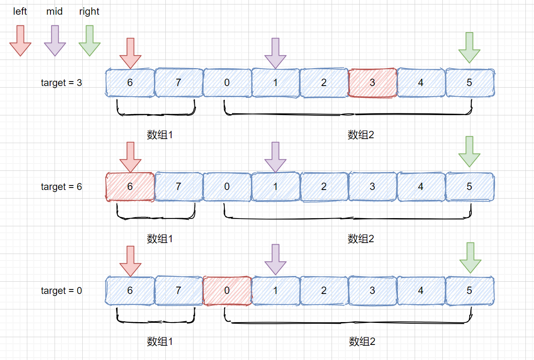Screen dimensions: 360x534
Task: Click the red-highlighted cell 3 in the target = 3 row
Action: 372,83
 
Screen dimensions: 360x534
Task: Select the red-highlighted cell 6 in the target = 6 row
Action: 130,187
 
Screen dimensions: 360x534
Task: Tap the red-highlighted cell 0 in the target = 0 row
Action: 227,291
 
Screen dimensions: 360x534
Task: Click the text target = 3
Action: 62,83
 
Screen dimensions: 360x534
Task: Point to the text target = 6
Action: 62,187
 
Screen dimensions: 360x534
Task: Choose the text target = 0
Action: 62,291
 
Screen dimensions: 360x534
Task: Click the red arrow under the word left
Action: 20,40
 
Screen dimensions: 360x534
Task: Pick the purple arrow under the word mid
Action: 55,40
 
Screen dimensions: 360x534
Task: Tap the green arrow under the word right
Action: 89,40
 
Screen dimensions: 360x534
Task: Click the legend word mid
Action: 55,11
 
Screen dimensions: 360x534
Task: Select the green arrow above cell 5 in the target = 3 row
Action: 469,47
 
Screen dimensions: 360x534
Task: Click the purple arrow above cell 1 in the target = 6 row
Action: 275,157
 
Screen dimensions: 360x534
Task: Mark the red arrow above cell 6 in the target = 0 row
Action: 130,261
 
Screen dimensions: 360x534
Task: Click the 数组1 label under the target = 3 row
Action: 160,135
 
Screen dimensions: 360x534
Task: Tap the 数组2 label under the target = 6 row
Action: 361,239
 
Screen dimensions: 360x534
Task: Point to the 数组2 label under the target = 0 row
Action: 362,341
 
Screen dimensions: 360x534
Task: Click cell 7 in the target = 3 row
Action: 178,83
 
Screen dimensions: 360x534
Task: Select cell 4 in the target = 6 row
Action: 421,187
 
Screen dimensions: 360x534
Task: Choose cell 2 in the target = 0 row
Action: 324,291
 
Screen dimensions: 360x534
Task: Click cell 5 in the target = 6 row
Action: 469,187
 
